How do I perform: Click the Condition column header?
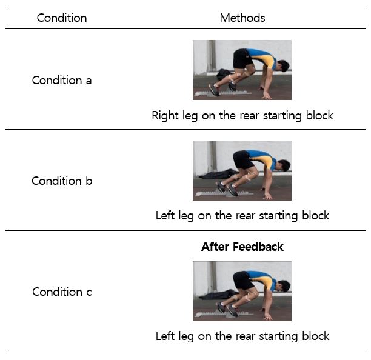click(62, 18)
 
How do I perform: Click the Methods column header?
click(242, 18)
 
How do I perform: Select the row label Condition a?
click(62, 80)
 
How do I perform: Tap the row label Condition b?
click(62, 181)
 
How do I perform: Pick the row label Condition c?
click(62, 292)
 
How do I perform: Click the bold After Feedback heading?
click(242, 247)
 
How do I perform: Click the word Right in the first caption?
click(165, 116)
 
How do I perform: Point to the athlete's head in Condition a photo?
click(283, 66)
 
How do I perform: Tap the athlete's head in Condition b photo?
click(284, 165)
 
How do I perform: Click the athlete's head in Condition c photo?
click(284, 286)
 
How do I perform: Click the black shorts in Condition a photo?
click(242, 59)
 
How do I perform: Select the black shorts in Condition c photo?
click(242, 281)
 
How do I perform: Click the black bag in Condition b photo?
click(218, 174)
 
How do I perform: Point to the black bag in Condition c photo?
click(218, 295)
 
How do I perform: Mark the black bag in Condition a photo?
click(224, 74)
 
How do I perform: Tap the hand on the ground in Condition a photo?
click(267, 95)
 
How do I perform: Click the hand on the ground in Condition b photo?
click(268, 196)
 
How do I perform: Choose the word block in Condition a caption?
click(319, 115)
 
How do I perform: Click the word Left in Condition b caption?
click(165, 216)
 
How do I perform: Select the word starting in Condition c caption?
click(278, 337)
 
